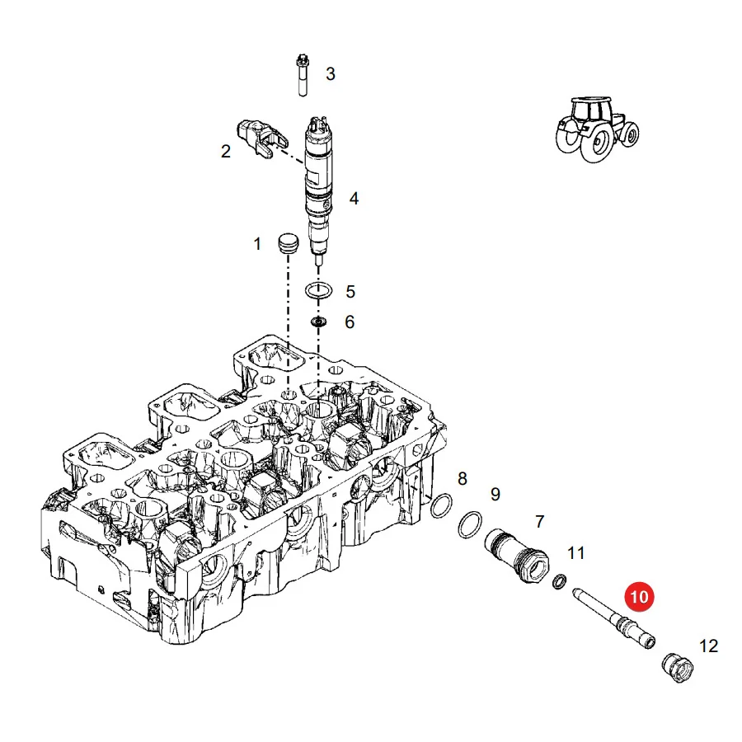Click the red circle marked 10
[x=639, y=596]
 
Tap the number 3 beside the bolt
[x=331, y=74]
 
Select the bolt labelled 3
[x=303, y=76]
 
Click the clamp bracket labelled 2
[x=262, y=138]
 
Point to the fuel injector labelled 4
[x=318, y=190]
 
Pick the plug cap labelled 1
[x=288, y=243]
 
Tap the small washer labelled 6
[x=318, y=322]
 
